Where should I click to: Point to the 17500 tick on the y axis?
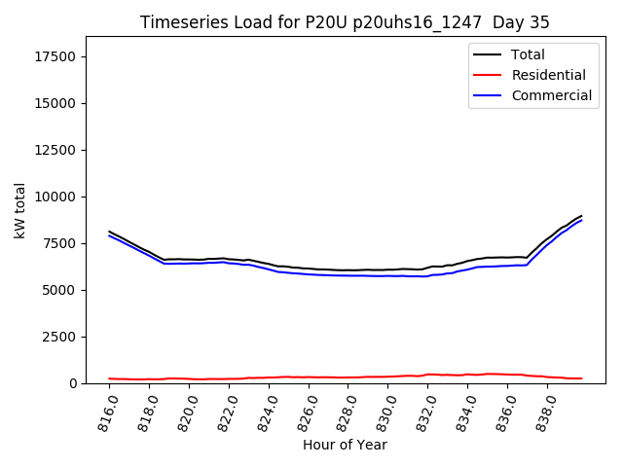57,56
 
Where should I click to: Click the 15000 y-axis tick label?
57,103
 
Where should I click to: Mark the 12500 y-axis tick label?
57,150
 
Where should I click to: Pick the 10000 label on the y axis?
57,197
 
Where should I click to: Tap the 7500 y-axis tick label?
61,243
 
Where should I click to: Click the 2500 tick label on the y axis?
61,337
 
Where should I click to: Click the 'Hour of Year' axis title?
345,446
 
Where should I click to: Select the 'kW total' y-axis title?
19,210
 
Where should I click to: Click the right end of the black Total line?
581,216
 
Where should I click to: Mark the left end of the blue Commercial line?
109,235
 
